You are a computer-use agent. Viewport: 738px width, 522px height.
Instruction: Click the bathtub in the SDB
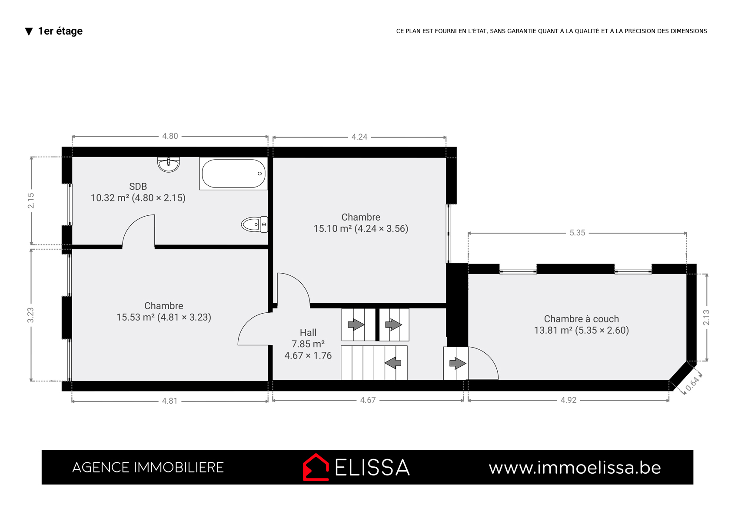point(233,174)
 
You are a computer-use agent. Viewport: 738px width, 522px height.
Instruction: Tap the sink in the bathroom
point(168,164)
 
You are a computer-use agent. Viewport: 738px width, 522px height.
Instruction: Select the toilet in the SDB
point(254,224)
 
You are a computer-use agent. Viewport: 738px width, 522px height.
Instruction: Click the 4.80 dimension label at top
point(170,136)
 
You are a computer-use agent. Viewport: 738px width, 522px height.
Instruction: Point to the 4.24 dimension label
point(359,137)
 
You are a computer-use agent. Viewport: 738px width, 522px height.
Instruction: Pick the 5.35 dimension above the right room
point(577,233)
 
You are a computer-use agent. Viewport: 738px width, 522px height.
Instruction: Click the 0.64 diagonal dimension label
point(692,384)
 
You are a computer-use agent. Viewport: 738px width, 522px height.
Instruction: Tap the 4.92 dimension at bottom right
point(568,400)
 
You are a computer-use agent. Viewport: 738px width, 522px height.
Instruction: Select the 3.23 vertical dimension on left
point(30,315)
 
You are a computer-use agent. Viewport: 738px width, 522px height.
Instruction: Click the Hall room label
point(308,332)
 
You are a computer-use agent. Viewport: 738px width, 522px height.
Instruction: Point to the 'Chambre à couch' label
point(581,319)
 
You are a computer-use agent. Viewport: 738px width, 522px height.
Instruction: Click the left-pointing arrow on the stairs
point(393,363)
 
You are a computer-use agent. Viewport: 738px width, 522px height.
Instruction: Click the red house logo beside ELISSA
point(316,467)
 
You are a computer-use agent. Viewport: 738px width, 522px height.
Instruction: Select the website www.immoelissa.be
point(575,468)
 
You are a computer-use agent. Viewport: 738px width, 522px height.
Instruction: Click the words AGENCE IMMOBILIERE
point(148,467)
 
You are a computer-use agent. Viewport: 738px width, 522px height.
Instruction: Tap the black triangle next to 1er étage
point(29,31)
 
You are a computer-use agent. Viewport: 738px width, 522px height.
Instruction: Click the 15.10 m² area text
point(332,228)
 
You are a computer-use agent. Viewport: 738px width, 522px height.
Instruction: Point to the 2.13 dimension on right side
point(706,318)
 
